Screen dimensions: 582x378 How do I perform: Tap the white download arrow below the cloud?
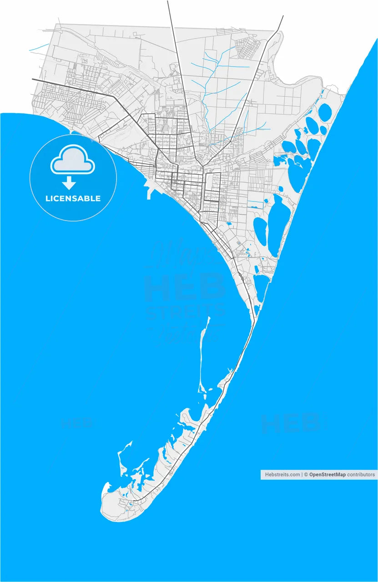[x=69, y=183]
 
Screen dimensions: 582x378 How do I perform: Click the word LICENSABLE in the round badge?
[x=73, y=199]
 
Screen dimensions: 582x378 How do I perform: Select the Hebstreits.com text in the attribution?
[x=282, y=475]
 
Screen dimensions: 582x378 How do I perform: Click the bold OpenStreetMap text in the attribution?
[x=328, y=475]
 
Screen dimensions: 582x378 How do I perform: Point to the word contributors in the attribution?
[x=361, y=475]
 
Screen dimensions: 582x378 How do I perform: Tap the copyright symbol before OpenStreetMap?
[x=306, y=475]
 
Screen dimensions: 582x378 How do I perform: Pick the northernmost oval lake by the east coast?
[x=325, y=111]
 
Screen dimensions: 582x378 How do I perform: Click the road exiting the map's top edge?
[x=169, y=7]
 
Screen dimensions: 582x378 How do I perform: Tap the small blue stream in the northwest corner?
[x=39, y=47]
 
